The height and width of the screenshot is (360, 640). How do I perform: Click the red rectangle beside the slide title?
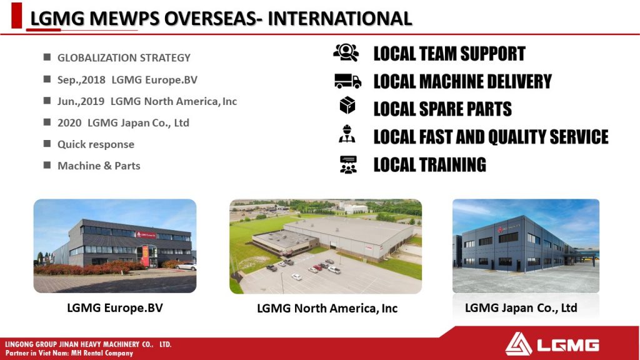click(x=17, y=16)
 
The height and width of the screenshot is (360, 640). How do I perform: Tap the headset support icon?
click(x=346, y=52)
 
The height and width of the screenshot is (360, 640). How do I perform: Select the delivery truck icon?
click(x=347, y=81)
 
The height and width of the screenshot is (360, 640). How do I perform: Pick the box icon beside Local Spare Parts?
click(x=347, y=105)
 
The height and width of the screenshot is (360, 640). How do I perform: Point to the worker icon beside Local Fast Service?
click(x=347, y=134)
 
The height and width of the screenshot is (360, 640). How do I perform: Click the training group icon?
click(x=348, y=165)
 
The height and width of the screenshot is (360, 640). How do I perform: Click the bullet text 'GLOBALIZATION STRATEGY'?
click(x=124, y=58)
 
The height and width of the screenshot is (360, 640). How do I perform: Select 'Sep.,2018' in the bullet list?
click(x=81, y=79)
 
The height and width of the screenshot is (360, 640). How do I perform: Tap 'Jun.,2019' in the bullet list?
click(x=81, y=101)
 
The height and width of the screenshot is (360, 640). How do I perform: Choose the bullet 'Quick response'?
click(x=96, y=144)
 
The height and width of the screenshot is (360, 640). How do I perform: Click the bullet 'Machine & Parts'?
click(x=99, y=166)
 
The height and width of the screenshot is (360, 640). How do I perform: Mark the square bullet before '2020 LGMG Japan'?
click(x=47, y=122)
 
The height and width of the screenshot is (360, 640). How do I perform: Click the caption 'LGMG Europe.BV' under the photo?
click(x=115, y=307)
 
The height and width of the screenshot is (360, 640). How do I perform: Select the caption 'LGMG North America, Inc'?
click(x=327, y=309)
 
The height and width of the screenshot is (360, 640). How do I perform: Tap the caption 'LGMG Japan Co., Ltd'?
click(x=521, y=307)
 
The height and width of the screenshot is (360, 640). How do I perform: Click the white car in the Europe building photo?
click(x=186, y=266)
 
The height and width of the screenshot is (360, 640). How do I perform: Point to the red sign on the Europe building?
click(x=146, y=235)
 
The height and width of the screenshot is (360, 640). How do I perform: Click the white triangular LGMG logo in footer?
click(x=518, y=344)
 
